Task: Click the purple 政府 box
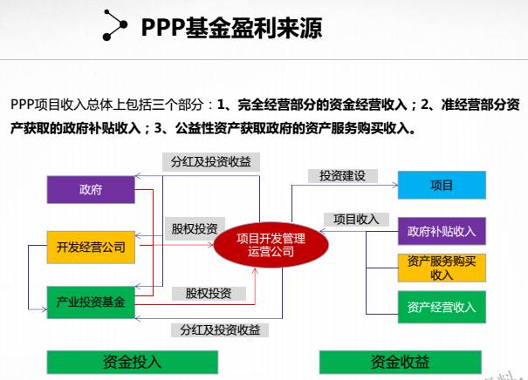[90, 189]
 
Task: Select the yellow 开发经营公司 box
[90, 247]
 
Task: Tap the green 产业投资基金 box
[90, 302]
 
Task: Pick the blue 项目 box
[442, 186]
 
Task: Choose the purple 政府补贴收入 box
[442, 232]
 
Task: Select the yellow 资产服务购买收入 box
[442, 268]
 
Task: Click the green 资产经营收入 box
[442, 307]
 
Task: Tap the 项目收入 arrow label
[356, 219]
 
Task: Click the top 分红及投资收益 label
[210, 162]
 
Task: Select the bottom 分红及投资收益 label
[221, 329]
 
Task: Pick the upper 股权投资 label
[194, 227]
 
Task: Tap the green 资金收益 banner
[401, 362]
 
